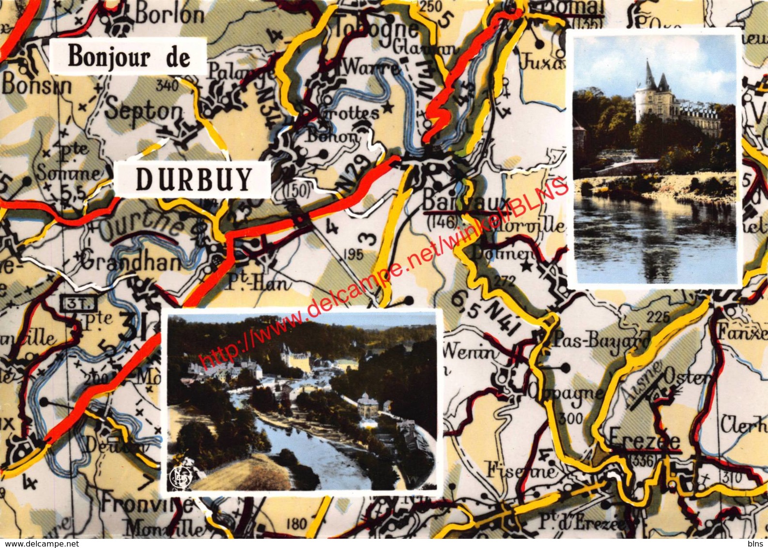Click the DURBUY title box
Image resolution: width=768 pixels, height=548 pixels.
click(194, 179)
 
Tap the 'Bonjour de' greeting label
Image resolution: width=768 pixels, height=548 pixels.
click(129, 57)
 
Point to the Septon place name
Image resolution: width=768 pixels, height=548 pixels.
click(144, 111)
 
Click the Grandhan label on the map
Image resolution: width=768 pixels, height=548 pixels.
click(130, 263)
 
